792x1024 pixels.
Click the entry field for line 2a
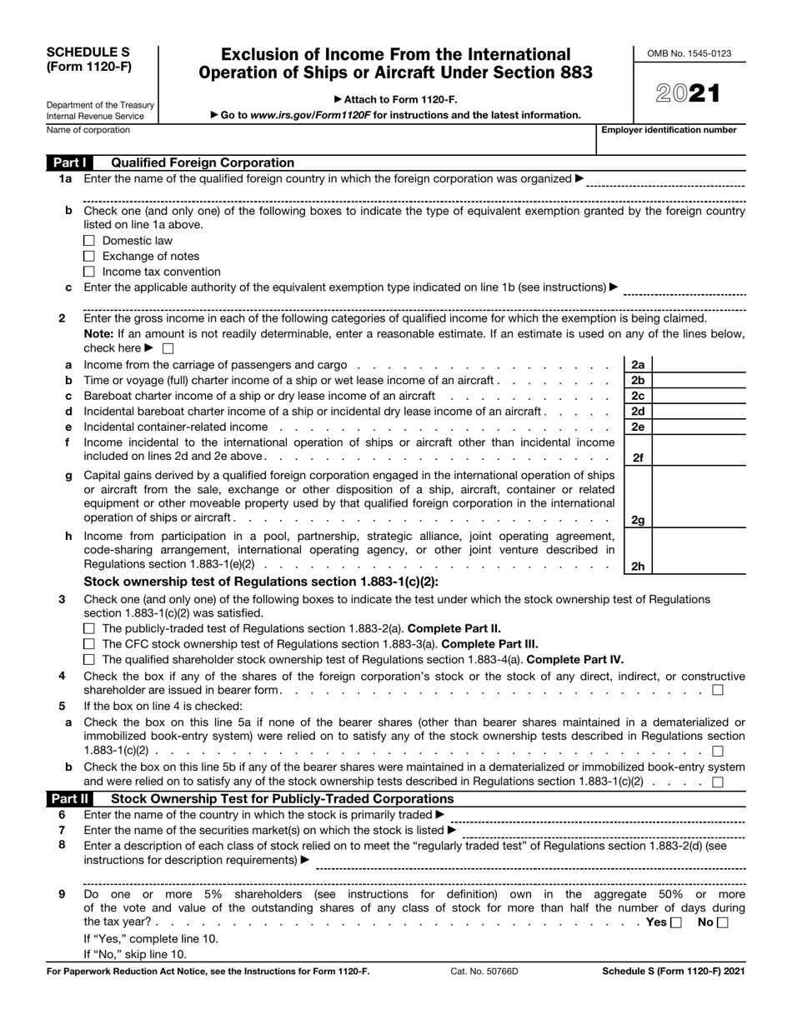pos(699,364)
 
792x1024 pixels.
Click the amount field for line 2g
pos(699,498)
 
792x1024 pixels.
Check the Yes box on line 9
pos(676,922)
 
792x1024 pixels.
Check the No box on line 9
pos(722,922)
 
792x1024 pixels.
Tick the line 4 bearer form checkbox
pos(718,690)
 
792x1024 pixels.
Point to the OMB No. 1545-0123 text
pos(689,54)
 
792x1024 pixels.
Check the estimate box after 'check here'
pos(168,348)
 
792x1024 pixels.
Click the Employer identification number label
pos(675,130)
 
